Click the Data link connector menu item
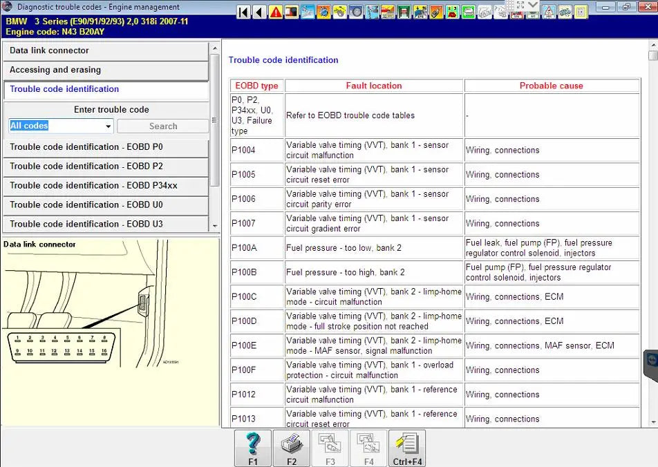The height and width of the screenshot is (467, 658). pos(106,51)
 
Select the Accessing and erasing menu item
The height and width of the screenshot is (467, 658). pos(106,70)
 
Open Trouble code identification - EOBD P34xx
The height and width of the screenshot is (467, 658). pos(106,186)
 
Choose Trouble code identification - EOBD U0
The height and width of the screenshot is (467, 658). pos(106,205)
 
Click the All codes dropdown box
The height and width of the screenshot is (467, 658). pos(61,126)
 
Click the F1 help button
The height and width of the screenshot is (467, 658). pos(253,448)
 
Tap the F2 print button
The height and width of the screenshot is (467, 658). pos(291,448)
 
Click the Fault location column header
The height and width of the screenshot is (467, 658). pos(374,86)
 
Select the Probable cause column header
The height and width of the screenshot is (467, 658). pos(551,86)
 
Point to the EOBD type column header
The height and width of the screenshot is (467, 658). pos(256,86)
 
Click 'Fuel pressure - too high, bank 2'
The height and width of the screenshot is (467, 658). pos(346,272)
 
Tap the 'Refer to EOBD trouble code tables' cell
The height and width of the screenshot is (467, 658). pos(350,115)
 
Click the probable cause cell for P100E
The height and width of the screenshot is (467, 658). pos(540,345)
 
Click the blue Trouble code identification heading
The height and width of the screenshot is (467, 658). pos(283,60)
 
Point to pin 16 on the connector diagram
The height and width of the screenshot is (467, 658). pos(104,351)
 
